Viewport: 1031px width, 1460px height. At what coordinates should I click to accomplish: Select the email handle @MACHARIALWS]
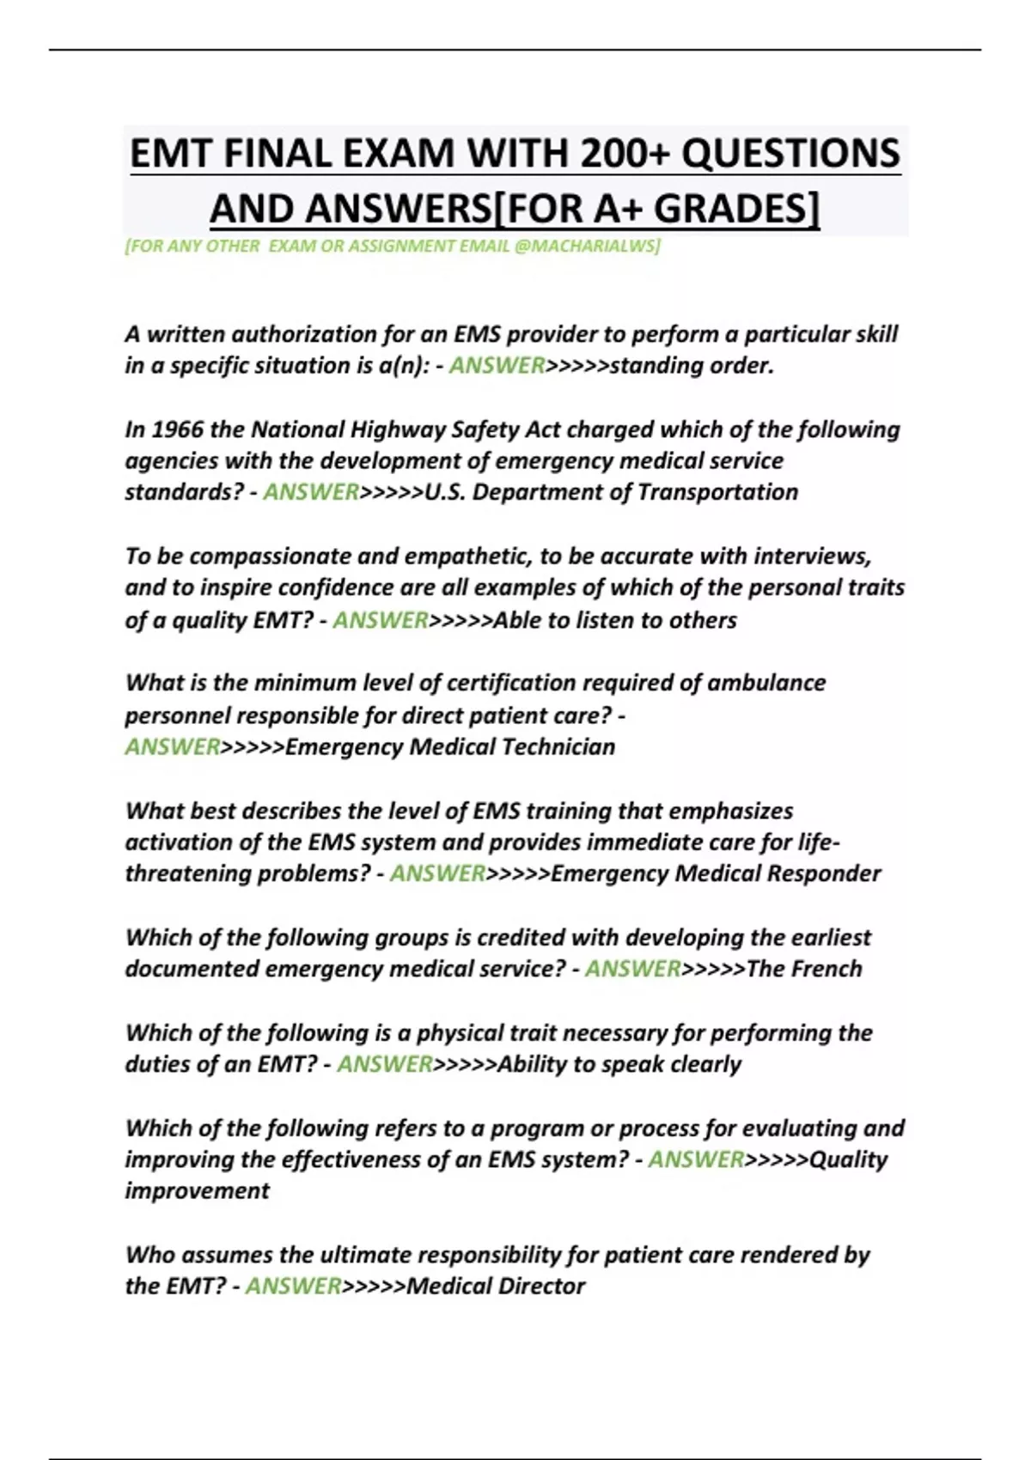point(587,246)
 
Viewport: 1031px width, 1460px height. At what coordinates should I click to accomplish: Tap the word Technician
point(558,746)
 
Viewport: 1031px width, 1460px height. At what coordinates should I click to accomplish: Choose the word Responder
point(823,873)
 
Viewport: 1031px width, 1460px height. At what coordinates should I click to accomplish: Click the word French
point(826,969)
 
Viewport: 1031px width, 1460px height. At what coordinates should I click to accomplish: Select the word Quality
point(849,1159)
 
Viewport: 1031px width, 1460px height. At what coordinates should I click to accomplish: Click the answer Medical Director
point(496,1287)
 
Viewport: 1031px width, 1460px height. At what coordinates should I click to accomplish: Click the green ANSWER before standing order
point(497,366)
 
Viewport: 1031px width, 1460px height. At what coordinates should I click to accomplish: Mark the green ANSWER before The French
point(632,969)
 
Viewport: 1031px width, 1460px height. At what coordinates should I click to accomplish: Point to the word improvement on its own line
point(197,1191)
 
